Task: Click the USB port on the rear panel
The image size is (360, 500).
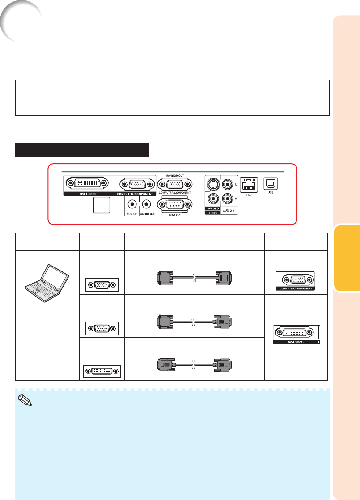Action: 271,183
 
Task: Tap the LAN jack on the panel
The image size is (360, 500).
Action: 247,184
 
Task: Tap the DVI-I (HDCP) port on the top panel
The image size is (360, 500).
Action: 87,183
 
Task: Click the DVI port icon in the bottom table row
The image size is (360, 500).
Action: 102,371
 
